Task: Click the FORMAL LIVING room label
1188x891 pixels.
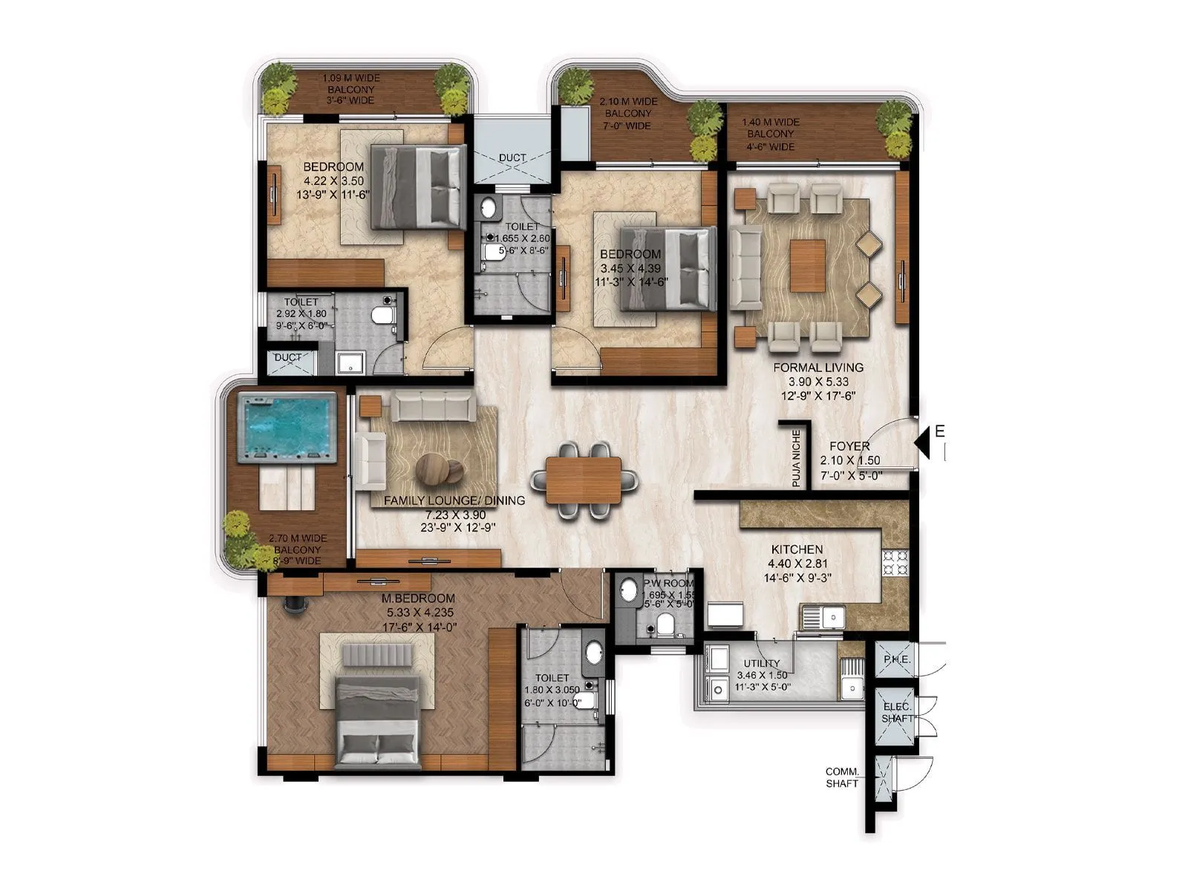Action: [x=818, y=368]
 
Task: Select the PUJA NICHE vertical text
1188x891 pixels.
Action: [x=796, y=458]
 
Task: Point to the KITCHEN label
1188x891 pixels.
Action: [x=797, y=549]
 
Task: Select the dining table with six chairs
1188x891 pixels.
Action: [x=584, y=480]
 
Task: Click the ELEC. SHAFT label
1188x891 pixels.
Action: [x=897, y=713]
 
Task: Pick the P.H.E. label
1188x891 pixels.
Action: [x=896, y=659]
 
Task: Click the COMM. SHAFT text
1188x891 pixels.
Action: [x=842, y=777]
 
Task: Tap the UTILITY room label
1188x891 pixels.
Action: [x=762, y=663]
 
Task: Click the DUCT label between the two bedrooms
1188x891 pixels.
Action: [x=512, y=157]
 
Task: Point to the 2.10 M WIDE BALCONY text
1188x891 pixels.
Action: [x=628, y=114]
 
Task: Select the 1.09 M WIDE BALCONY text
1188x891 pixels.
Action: [x=350, y=89]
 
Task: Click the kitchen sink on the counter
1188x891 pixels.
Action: [x=823, y=616]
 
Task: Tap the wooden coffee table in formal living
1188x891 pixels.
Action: [x=807, y=265]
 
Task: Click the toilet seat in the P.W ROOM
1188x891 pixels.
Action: [x=666, y=626]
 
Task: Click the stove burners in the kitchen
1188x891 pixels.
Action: [x=894, y=562]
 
